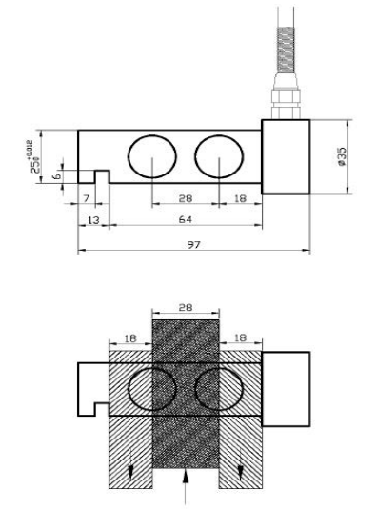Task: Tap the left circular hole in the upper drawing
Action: pyautogui.click(x=151, y=156)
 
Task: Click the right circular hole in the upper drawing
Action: pyautogui.click(x=218, y=156)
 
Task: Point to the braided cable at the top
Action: pyautogui.click(x=285, y=48)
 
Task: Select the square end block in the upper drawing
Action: pyautogui.click(x=285, y=157)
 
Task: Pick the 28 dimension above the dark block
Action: pyautogui.click(x=187, y=308)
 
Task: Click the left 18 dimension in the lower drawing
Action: pyautogui.click(x=130, y=338)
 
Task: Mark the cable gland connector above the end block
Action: pyautogui.click(x=285, y=102)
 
